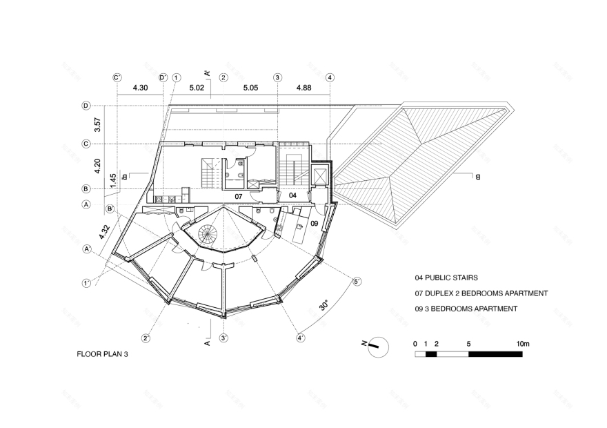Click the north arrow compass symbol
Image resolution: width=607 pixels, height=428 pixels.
pos(375,346)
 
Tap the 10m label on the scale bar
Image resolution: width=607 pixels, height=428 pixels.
pos(522,344)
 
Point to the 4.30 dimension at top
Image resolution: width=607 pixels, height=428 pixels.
pos(140,88)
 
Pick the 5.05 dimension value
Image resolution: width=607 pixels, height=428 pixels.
pos(250,88)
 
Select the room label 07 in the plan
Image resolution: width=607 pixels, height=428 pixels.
pos(238,196)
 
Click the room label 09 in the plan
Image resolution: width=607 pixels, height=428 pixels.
pos(313,224)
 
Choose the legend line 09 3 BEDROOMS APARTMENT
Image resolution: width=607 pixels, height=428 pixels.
pos(466,309)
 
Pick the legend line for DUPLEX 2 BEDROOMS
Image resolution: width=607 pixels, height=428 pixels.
pos(481,293)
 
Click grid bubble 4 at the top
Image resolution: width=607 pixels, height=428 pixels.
pos(330,78)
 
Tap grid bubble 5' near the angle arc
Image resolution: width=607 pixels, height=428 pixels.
pos(357,281)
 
